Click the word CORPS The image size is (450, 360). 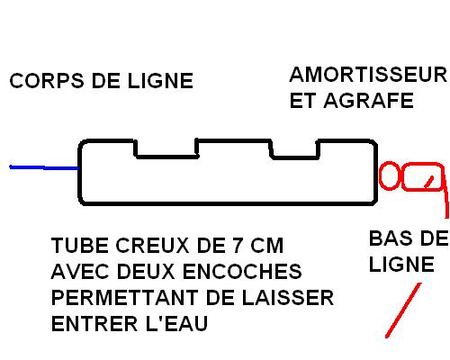click(x=47, y=81)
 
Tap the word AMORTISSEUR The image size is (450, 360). click(x=368, y=75)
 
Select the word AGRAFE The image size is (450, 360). click(x=369, y=101)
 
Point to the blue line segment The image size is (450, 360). click(x=44, y=167)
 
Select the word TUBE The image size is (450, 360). click(x=80, y=246)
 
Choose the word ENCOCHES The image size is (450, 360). click(x=242, y=272)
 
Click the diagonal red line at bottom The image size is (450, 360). click(x=403, y=310)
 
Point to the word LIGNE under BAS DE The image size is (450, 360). click(x=401, y=265)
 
